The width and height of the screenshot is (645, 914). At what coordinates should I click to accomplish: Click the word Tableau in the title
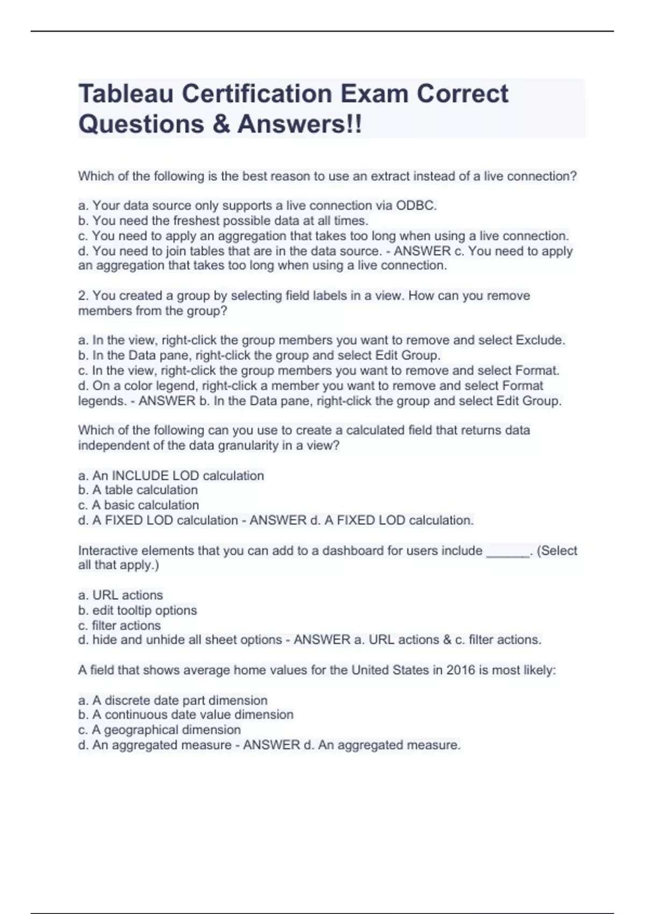[x=126, y=94]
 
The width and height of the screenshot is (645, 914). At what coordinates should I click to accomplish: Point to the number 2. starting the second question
[x=83, y=296]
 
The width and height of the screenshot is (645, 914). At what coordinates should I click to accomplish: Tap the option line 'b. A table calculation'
[x=138, y=490]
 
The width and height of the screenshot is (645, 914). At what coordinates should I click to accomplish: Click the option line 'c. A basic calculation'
[x=139, y=505]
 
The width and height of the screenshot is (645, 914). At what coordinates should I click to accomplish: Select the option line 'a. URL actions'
[x=120, y=595]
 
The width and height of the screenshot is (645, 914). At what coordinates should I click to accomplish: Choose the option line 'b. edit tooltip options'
[x=138, y=610]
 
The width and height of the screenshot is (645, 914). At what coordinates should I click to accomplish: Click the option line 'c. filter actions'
[x=119, y=625]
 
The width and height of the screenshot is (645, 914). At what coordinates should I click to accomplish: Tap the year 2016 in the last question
[x=460, y=670]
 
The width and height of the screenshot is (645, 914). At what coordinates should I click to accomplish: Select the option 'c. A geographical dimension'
[x=160, y=730]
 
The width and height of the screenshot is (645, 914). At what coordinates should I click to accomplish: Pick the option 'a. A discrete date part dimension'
[x=173, y=700]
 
